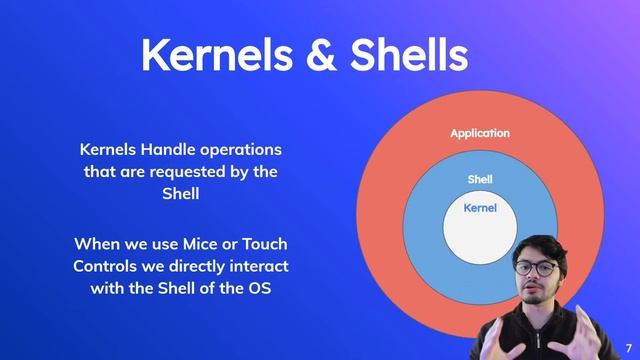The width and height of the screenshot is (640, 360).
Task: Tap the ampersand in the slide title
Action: [322, 55]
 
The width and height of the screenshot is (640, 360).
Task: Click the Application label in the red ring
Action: [480, 133]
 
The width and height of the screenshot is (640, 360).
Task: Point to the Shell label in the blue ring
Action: [480, 180]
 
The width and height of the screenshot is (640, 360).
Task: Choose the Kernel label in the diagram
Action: [480, 208]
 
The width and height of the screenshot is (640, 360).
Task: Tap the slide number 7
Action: [628, 345]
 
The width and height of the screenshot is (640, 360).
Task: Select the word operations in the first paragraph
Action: [244, 149]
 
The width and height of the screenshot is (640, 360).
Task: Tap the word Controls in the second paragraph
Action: [107, 267]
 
